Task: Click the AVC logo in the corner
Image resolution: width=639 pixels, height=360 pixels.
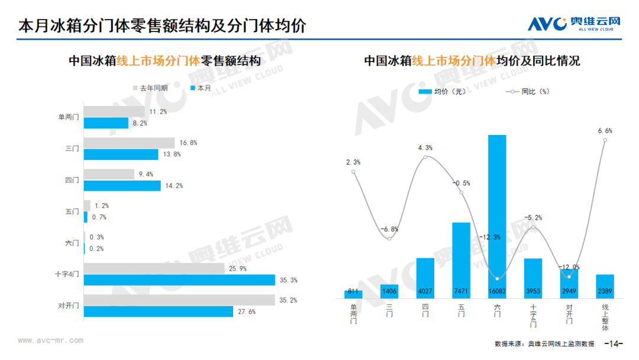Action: [574, 24]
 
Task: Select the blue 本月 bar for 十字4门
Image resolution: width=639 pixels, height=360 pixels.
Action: [179, 280]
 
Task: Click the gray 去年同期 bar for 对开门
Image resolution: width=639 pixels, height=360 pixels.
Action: [179, 300]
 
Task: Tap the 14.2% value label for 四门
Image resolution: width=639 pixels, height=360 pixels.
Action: [174, 186]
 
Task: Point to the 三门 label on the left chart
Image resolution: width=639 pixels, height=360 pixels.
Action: [72, 149]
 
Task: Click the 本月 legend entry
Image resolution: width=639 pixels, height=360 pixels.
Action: [201, 88]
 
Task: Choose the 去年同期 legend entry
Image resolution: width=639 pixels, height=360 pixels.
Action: [150, 88]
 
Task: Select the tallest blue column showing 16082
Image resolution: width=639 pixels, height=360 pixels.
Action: [497, 217]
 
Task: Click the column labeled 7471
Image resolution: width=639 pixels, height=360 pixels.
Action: [461, 261]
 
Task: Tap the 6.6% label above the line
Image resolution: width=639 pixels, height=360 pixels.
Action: [605, 131]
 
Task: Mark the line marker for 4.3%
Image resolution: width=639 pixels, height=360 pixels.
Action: [425, 157]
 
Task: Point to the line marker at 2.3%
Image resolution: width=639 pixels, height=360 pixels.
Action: [353, 172]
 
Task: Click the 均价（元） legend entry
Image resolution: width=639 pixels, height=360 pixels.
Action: [442, 92]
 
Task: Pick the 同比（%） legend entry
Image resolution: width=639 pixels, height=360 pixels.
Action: [527, 92]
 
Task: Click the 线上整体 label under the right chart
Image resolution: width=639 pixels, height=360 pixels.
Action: [605, 317]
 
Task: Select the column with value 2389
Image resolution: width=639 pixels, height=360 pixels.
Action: [605, 287]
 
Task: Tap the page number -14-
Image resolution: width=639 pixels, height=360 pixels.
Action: [614, 343]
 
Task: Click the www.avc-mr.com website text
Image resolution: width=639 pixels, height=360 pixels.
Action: [50, 340]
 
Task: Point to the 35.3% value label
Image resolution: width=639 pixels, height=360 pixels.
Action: [289, 280]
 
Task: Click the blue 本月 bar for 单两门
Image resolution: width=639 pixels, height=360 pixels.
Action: [106, 123]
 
